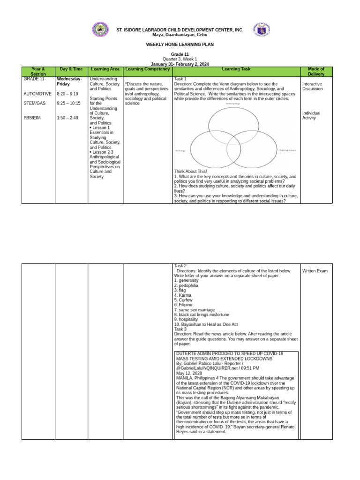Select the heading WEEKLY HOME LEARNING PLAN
point(180,45)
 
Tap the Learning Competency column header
point(148,69)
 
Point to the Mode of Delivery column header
point(316,72)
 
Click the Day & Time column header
point(71,69)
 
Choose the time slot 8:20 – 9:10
point(67,94)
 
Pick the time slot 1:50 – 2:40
point(67,118)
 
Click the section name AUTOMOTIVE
point(37,94)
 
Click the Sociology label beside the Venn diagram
point(180,151)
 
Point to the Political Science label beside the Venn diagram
point(288,150)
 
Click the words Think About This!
point(190,172)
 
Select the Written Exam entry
point(315,271)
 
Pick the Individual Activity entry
point(312,115)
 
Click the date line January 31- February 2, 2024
point(180,64)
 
